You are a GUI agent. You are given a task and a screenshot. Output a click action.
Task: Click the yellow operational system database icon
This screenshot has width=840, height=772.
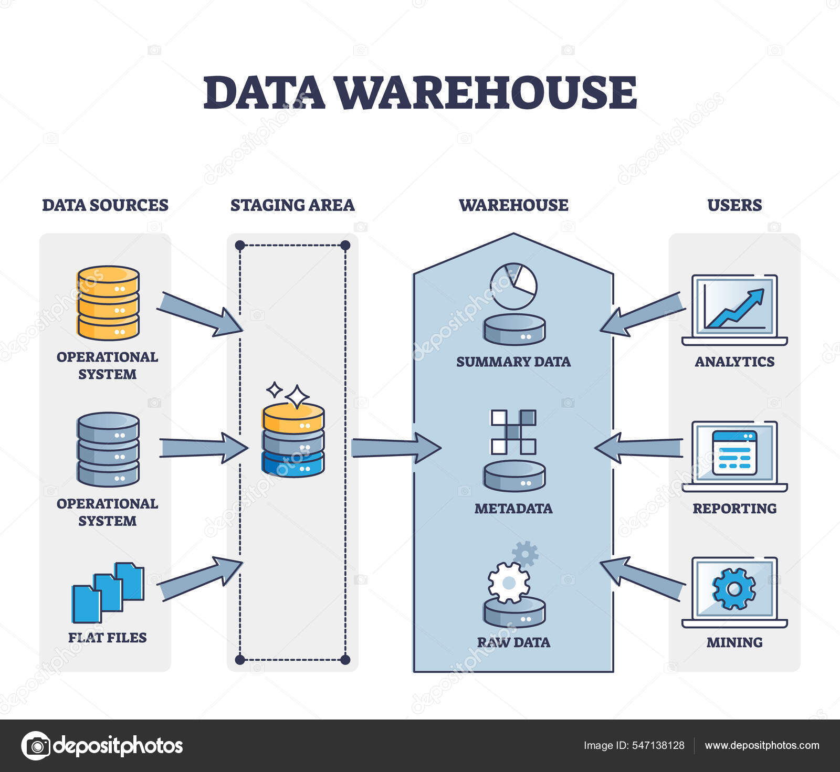point(108,303)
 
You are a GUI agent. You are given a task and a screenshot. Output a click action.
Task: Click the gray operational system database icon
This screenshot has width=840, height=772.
point(108,449)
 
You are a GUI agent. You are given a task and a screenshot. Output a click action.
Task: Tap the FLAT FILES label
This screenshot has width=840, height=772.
point(107,637)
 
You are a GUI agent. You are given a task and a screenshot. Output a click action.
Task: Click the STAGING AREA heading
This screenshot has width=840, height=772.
point(292,205)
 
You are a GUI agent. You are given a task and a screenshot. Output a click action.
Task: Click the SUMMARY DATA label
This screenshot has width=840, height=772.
point(513,362)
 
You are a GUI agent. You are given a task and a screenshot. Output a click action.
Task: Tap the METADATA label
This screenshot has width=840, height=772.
point(513,508)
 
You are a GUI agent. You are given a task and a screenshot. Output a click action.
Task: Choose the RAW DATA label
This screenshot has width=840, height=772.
point(513,642)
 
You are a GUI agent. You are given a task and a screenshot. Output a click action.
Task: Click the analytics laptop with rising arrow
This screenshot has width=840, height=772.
point(734,310)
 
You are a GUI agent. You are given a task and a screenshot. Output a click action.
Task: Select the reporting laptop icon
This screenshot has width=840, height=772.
point(734,456)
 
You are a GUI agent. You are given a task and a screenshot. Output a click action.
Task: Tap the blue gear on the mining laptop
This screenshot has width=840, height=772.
point(734,589)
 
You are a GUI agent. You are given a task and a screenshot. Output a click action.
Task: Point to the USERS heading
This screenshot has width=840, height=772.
point(734,205)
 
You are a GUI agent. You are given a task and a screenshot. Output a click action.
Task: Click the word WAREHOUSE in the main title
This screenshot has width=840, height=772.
point(485,93)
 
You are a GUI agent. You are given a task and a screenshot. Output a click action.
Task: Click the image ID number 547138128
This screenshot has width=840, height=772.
point(658,745)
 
